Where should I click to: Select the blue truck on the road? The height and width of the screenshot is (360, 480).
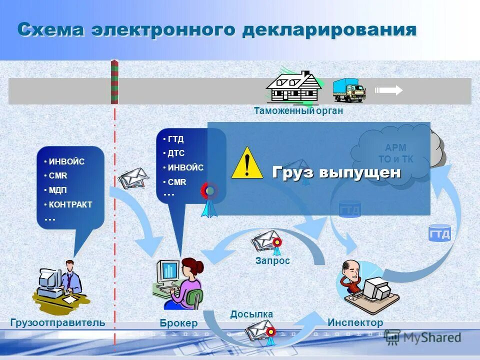click(348, 90)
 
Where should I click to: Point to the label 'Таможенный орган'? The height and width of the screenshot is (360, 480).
click(298, 111)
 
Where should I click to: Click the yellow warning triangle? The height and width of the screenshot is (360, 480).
click(247, 163)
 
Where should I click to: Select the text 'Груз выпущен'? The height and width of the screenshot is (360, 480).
click(336, 172)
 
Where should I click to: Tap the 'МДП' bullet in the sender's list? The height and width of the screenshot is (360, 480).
click(57, 190)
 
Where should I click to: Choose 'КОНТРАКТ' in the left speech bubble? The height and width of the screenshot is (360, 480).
click(70, 204)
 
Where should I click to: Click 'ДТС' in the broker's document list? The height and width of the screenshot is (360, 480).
click(176, 153)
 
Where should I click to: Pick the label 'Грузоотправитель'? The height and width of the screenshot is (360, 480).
click(58, 322)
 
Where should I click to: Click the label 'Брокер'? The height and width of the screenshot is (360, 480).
click(178, 323)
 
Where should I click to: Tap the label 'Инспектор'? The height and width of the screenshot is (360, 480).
click(355, 322)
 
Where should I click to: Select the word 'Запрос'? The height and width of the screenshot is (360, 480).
click(272, 260)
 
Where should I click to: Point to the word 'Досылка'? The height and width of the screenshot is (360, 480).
click(251, 314)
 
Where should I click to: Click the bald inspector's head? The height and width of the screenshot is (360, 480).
click(349, 270)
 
